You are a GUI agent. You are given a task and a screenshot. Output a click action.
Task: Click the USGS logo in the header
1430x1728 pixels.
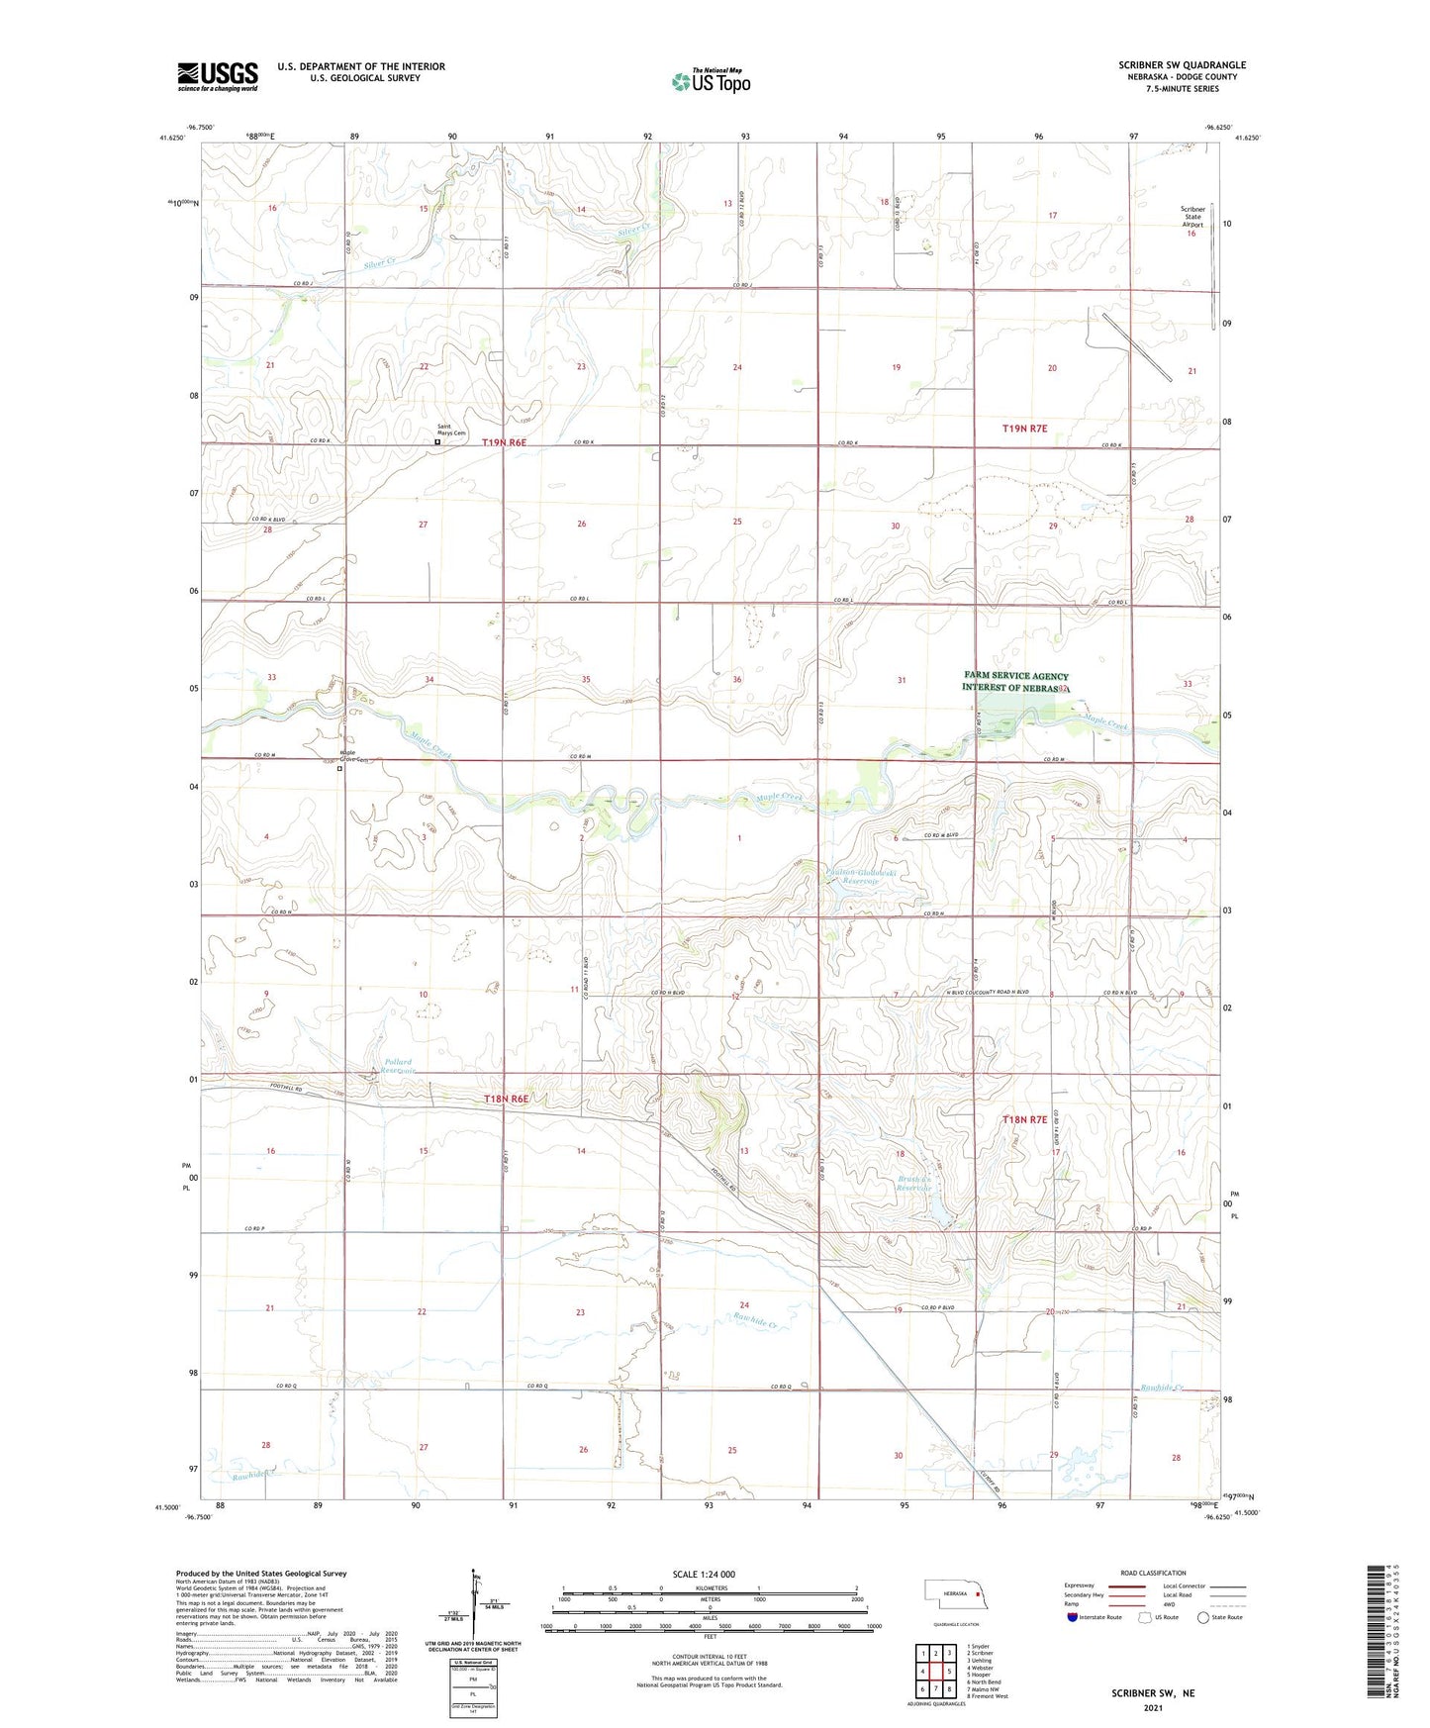pos(218,76)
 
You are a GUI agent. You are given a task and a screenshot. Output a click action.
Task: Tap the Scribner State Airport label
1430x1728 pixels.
pos(1192,217)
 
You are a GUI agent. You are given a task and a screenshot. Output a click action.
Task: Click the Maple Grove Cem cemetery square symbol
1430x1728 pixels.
pos(339,768)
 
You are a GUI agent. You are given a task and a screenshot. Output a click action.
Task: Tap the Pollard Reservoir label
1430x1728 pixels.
pos(399,1066)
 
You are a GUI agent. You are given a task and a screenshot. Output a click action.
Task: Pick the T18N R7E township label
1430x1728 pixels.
pos(1024,1119)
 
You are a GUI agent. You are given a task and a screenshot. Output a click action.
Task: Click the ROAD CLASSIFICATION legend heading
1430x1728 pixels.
pos(1154,1573)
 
